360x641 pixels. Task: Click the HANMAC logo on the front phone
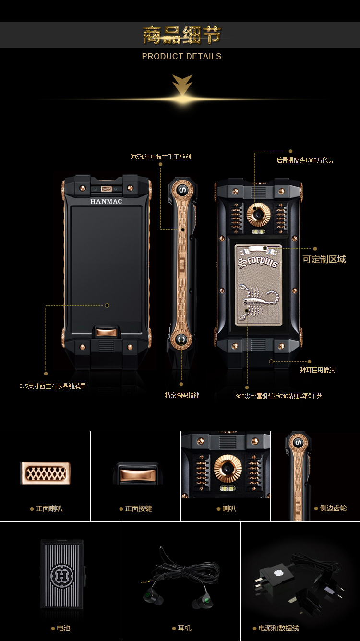click(x=106, y=202)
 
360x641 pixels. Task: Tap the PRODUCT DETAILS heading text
click(x=181, y=56)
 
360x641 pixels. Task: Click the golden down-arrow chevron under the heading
click(x=182, y=85)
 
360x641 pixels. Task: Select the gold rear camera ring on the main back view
click(x=258, y=215)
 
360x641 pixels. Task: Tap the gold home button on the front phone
click(x=106, y=333)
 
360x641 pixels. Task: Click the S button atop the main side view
click(x=182, y=190)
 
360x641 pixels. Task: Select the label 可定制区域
click(x=324, y=259)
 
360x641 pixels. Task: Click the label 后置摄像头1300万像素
click(x=305, y=160)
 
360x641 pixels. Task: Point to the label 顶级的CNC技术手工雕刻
click(x=160, y=157)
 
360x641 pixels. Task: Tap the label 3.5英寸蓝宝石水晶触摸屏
click(x=53, y=386)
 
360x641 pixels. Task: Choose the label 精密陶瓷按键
click(x=182, y=395)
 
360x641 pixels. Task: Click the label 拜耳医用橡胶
click(x=317, y=370)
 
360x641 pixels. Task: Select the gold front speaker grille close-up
click(x=46, y=473)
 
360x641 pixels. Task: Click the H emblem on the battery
click(x=62, y=576)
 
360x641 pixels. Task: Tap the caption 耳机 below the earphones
click(x=184, y=628)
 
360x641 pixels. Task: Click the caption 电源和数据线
click(x=278, y=628)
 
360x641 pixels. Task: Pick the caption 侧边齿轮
click(x=333, y=508)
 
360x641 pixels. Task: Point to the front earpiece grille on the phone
click(x=106, y=189)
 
